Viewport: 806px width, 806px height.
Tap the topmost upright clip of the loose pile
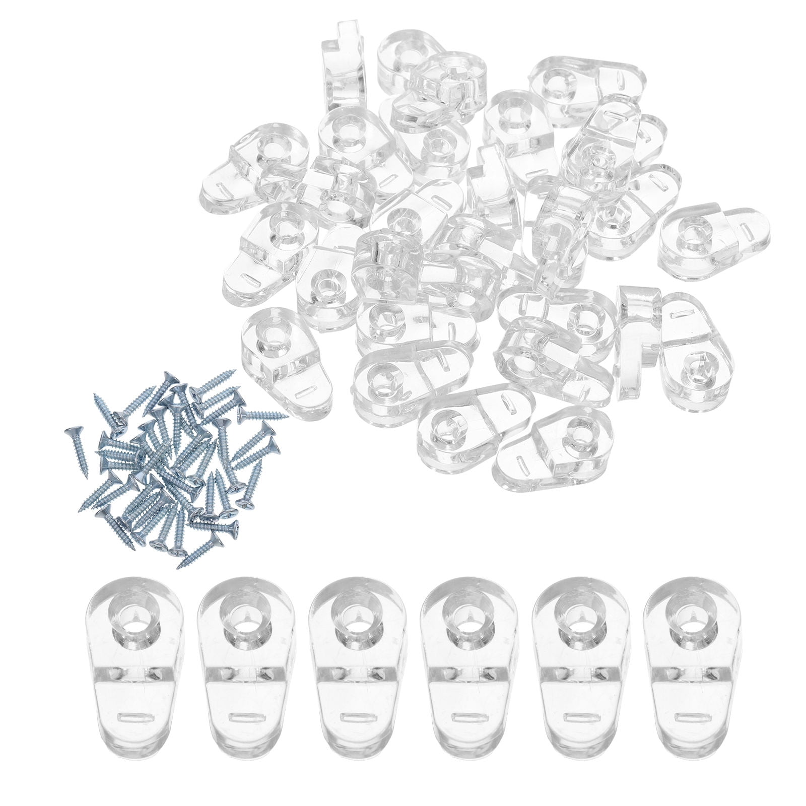[341, 65]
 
